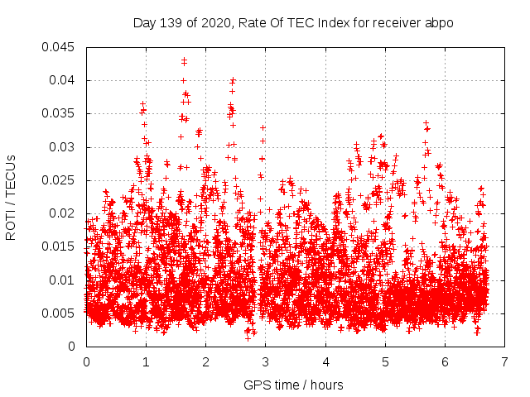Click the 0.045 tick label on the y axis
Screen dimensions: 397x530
[x=60, y=47]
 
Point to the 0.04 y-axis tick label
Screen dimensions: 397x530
[x=64, y=80]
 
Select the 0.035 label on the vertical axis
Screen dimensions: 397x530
[x=60, y=113]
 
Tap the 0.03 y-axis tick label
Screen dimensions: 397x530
[x=64, y=147]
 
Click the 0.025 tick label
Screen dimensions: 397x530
[x=60, y=180]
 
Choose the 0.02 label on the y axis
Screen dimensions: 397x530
[x=64, y=213]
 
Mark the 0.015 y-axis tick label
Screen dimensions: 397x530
[x=60, y=246]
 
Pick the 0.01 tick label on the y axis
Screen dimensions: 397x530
[x=64, y=280]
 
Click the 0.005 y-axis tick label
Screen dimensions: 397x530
[x=60, y=313]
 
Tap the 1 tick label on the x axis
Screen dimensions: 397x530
[x=146, y=362]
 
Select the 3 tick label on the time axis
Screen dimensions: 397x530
[x=265, y=362]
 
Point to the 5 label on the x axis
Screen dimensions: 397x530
[x=384, y=362]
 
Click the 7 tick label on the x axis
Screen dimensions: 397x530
[x=503, y=362]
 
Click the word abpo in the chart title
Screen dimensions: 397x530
[x=440, y=23]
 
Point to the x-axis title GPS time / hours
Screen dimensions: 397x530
[x=293, y=385]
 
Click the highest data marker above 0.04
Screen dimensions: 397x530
[x=184, y=60]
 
